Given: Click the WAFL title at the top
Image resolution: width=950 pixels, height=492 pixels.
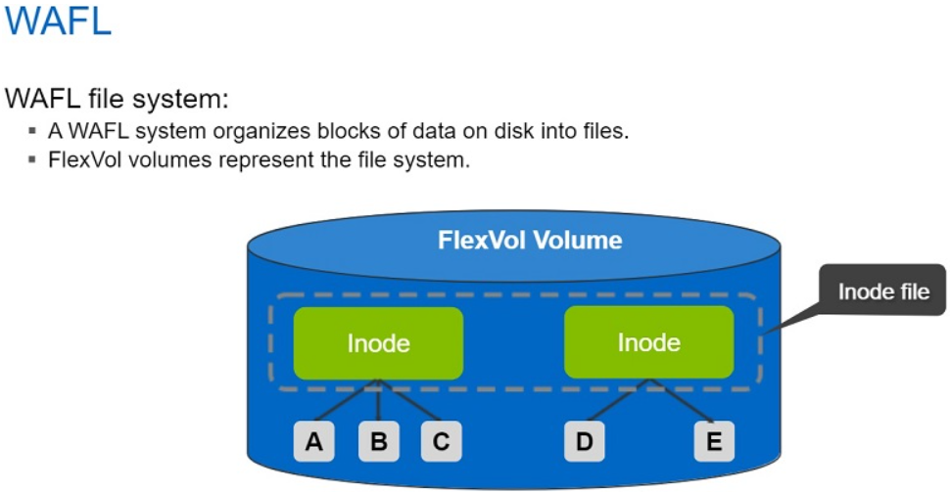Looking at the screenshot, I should (58, 22).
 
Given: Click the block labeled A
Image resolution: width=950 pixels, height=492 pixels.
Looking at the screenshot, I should (314, 442).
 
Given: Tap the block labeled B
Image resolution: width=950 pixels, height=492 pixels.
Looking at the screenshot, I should (378, 442).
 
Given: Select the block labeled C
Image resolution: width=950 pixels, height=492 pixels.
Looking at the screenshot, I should (442, 442).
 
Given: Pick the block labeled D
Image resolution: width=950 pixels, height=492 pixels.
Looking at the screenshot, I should (584, 442).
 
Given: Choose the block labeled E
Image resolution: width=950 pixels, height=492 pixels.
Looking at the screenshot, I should (713, 442).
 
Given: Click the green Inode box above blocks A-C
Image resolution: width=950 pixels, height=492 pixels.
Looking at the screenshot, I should (378, 343).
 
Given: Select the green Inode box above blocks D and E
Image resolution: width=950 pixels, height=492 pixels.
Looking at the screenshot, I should (648, 343).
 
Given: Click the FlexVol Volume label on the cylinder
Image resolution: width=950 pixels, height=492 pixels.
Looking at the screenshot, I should (530, 240).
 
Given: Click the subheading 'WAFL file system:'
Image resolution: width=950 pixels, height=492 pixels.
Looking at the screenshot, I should (117, 99).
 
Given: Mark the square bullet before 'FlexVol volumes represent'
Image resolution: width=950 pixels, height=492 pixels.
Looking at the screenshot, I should (32, 159).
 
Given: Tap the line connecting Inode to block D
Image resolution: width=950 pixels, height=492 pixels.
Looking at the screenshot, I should (615, 403).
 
